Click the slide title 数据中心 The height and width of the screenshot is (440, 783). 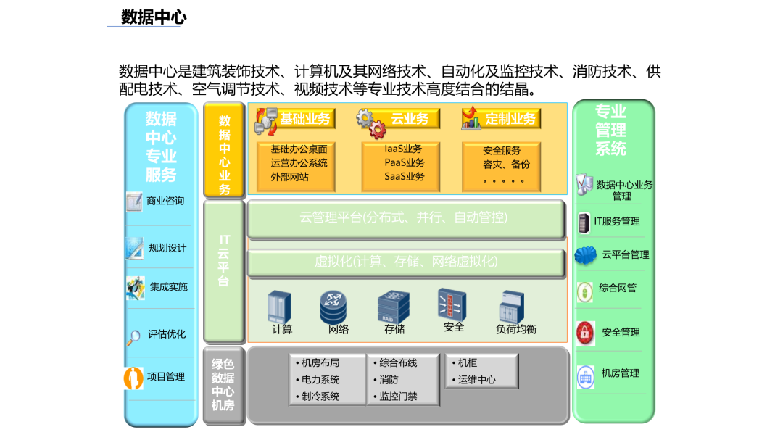point(154,17)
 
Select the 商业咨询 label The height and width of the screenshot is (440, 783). point(165,201)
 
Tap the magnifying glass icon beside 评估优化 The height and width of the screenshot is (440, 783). point(133,338)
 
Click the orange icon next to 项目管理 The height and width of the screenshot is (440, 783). point(133,378)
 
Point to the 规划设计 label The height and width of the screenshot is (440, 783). point(167,248)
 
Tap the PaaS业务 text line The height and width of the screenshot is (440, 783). point(405,163)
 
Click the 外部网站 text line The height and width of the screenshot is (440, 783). point(289,177)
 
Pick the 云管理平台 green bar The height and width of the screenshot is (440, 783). point(406,219)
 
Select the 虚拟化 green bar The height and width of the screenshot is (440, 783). point(406,262)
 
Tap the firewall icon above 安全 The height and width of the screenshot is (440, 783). point(452,304)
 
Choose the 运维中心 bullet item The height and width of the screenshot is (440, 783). point(474,380)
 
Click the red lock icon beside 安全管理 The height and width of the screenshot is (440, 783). point(585,333)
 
